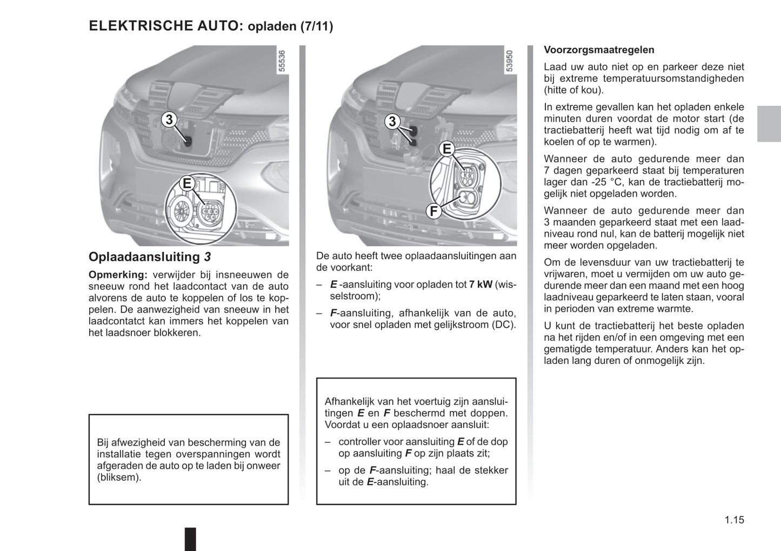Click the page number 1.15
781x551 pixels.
[734, 520]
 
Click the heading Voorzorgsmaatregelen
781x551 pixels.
[599, 50]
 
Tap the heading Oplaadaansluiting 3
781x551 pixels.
[150, 257]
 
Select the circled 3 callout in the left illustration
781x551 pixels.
[169, 120]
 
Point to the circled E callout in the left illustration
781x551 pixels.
[187, 183]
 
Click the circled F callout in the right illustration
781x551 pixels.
[433, 211]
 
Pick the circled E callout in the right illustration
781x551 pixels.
[447, 149]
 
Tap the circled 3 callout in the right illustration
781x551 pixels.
[392, 122]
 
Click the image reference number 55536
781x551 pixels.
[282, 62]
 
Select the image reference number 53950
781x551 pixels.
[510, 62]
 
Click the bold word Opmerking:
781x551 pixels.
[118, 275]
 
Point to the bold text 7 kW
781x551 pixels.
[480, 284]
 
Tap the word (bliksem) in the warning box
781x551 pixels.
[119, 477]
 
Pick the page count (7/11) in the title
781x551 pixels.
[317, 26]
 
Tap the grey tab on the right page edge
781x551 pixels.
[769, 124]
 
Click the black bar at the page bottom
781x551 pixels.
[190, 539]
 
